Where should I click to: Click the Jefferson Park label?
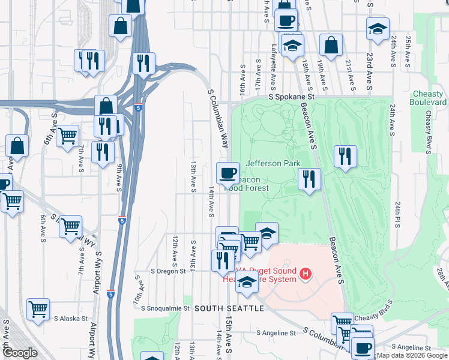273,163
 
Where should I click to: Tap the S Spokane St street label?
292,96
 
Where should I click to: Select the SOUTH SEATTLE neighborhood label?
229,308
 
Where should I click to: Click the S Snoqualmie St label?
165,308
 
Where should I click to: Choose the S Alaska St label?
71,319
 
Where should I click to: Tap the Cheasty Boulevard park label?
429,98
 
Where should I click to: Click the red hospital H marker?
306,275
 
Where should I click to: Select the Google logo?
20,353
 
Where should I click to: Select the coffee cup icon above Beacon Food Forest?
228,173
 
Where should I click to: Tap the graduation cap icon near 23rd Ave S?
378,29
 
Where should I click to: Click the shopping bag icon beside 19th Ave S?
331,44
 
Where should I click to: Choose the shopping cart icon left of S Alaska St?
38,310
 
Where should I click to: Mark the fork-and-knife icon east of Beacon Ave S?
345,157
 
